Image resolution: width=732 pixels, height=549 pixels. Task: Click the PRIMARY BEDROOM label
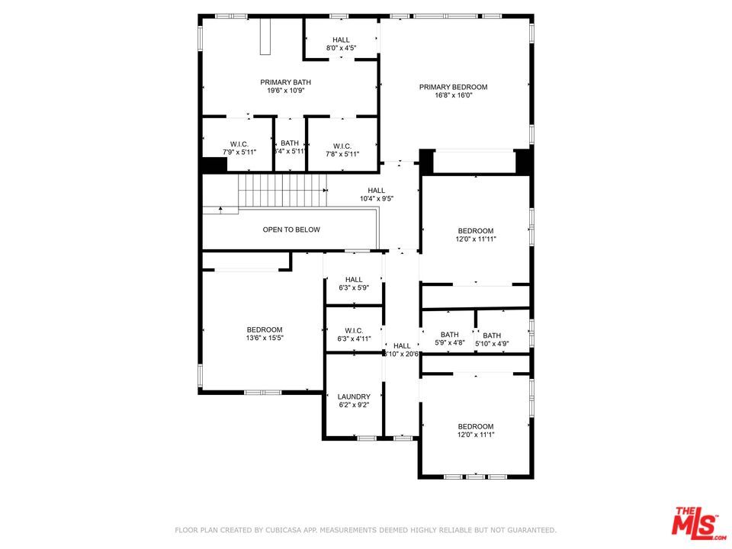(453, 87)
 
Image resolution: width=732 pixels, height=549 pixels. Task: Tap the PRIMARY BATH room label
(285, 82)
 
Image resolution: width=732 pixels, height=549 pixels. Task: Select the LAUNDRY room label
(354, 396)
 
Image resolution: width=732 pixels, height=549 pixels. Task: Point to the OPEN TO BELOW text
(291, 230)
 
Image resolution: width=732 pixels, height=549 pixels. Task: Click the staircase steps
(282, 190)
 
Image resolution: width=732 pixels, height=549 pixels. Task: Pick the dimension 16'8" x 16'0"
(453, 95)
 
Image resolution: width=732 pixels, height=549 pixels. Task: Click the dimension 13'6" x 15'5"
(265, 338)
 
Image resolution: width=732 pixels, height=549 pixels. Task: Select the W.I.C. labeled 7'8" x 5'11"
(342, 146)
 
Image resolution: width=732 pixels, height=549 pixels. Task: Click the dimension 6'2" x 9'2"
(354, 405)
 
